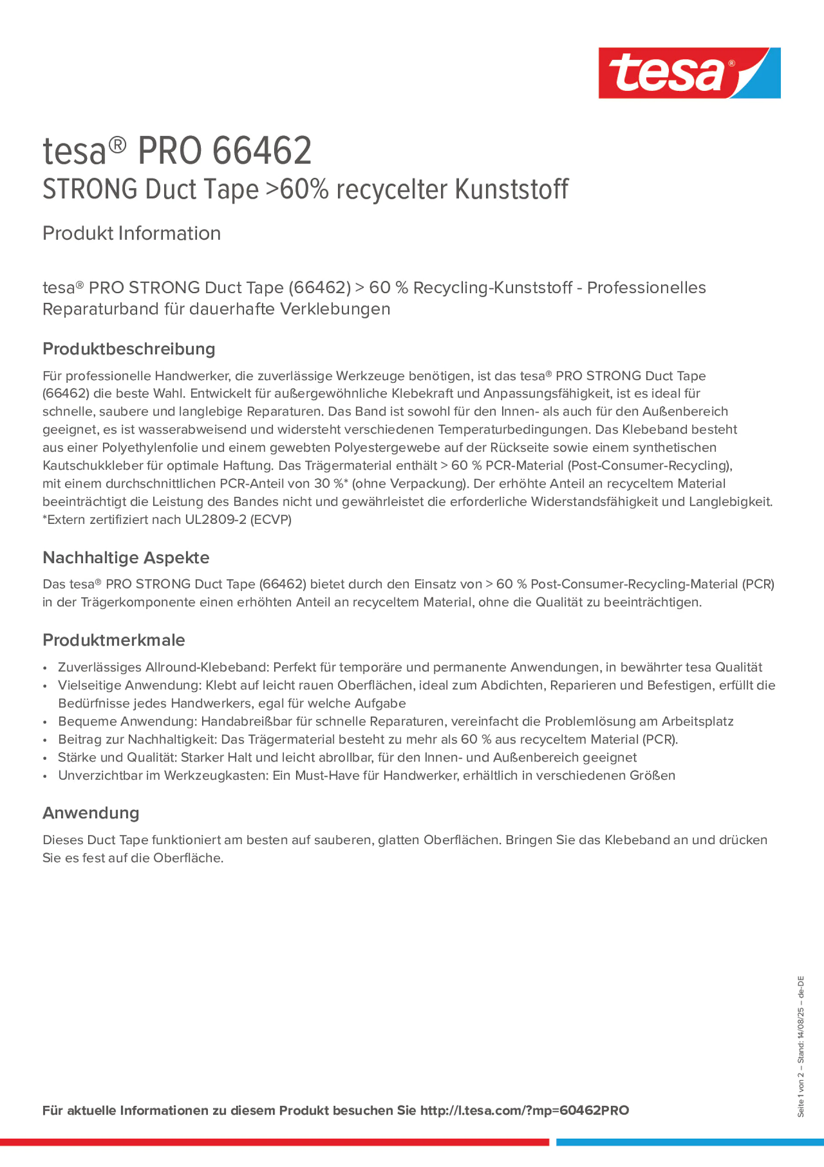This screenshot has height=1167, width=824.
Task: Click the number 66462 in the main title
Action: [261, 151]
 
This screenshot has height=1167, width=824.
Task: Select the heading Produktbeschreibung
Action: [128, 349]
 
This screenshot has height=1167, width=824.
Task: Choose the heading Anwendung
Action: [90, 813]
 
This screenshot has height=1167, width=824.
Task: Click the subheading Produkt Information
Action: [131, 233]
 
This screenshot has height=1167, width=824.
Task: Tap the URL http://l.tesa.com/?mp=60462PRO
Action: [524, 1110]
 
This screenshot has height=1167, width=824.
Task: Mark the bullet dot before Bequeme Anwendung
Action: [45, 722]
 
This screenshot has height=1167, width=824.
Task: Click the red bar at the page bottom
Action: [274, 1142]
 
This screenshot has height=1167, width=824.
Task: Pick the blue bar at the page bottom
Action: [690, 1142]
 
